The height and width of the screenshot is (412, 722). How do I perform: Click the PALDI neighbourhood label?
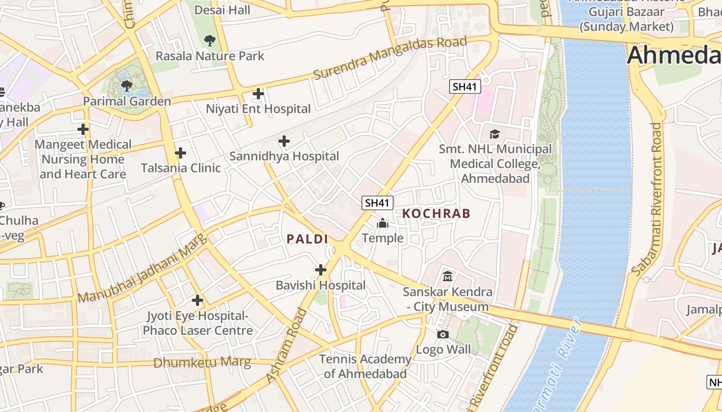pos(307,239)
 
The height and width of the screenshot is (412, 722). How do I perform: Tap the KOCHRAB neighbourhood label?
pos(436,213)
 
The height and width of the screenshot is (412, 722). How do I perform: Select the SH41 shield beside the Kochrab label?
pos(377,203)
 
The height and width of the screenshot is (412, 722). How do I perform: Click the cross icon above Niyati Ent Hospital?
pos(258,94)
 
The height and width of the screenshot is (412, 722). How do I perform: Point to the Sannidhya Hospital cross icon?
pos(284,141)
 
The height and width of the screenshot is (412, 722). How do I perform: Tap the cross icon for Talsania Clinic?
pos(180,153)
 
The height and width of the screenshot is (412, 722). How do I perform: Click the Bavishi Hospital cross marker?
pos(321,270)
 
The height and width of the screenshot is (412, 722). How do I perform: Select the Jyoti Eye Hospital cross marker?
pos(197,300)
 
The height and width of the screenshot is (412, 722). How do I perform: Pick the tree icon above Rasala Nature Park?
pos(209,40)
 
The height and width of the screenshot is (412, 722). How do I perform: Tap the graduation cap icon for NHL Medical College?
pos(495,134)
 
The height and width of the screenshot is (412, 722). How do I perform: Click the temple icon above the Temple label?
pos(383,223)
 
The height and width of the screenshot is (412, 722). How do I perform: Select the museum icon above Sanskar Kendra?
pos(447,277)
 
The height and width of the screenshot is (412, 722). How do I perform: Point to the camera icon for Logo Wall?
pos(442,335)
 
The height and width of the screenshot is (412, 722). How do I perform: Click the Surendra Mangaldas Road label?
pos(390,58)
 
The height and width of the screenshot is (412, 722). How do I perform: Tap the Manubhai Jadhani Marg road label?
pos(142,269)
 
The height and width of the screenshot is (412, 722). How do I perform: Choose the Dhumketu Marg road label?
pos(202,363)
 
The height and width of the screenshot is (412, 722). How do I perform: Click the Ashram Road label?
pos(286,346)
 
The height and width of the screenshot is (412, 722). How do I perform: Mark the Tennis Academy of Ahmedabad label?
pos(365,366)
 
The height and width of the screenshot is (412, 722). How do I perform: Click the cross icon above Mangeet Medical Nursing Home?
pos(83,129)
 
